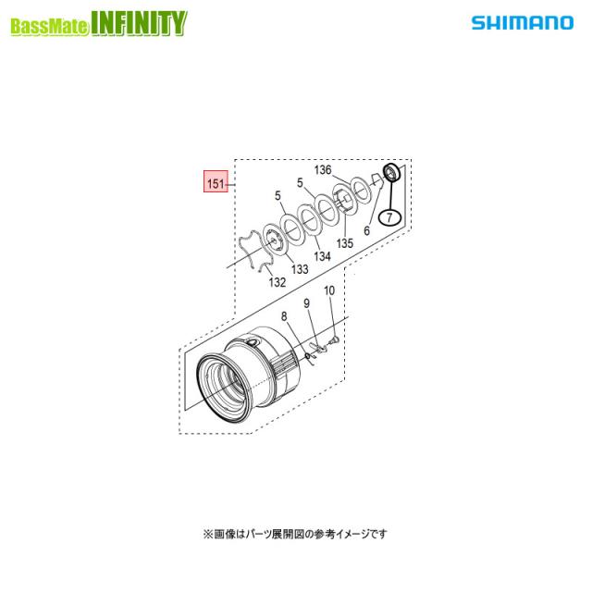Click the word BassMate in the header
point(50,27)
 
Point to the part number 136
point(322,170)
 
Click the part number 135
point(344,243)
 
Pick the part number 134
point(322,255)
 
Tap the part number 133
point(301,268)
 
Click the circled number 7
point(389,218)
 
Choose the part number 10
point(328,290)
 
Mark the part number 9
point(306,303)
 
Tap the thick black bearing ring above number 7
point(391,173)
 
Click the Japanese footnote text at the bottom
point(295,534)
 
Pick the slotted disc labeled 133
point(275,240)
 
